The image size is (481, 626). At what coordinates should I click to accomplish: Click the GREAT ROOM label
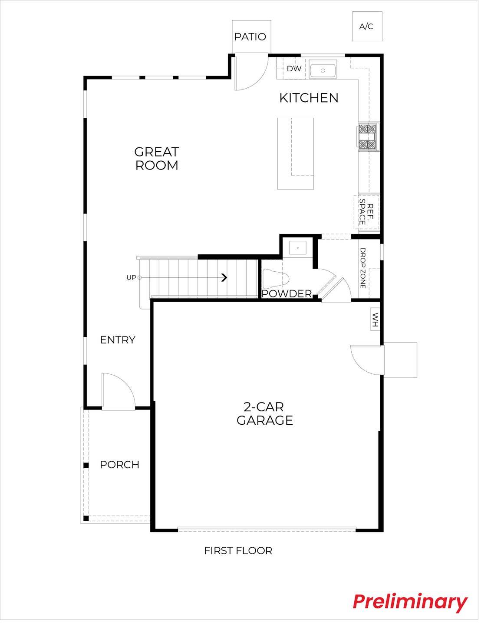(157, 159)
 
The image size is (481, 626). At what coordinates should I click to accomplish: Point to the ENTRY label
(118, 340)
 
